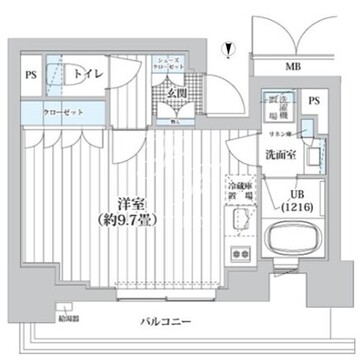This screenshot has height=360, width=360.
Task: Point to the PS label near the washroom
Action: pyautogui.click(x=314, y=101)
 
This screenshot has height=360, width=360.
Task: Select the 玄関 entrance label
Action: pyautogui.click(x=164, y=93)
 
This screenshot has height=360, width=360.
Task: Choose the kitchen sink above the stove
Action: pyautogui.click(x=237, y=224)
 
